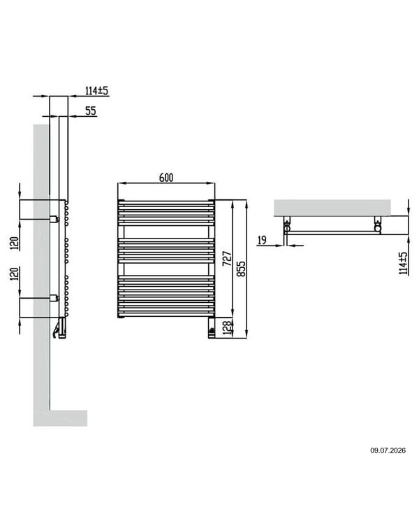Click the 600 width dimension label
(x=166, y=178)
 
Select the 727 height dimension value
(x=228, y=258)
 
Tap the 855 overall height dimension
(x=241, y=269)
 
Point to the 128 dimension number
(x=227, y=328)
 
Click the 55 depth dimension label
(x=90, y=111)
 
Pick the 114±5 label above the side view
(x=97, y=90)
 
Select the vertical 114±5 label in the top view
(x=404, y=263)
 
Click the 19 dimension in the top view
(x=263, y=240)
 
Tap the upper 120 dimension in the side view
(x=14, y=243)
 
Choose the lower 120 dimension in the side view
(x=14, y=273)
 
